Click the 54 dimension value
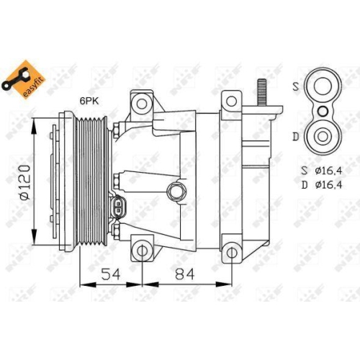click(x=110, y=274)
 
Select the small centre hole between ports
click(x=323, y=111)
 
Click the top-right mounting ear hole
click(x=231, y=101)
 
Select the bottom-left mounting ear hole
click(x=143, y=251)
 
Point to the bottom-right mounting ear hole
click(x=231, y=251)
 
